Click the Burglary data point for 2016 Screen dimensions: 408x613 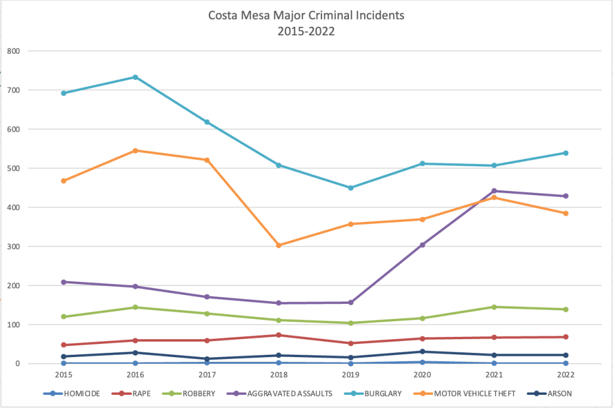(x=135, y=77)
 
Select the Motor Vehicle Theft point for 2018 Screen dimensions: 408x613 (x=279, y=245)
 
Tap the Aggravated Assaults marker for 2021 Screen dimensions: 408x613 (x=494, y=191)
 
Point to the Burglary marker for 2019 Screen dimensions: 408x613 (x=351, y=188)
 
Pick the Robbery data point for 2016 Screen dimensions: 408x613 (x=135, y=307)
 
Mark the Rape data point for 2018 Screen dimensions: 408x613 (x=279, y=335)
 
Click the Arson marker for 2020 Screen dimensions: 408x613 (x=422, y=352)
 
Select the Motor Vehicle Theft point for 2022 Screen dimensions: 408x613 (x=566, y=214)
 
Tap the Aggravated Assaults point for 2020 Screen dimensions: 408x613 (x=422, y=245)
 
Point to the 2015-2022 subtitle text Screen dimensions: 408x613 (x=306, y=31)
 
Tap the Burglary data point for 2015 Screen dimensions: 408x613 (x=63, y=93)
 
